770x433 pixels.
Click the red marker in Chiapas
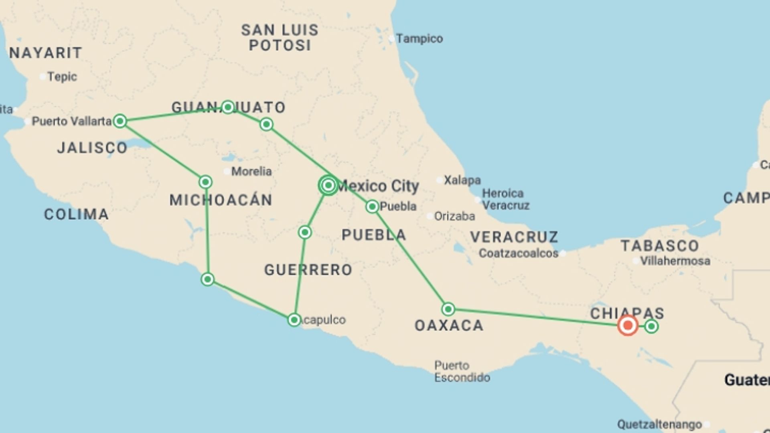(628, 325)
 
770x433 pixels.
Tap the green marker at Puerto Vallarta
(120, 121)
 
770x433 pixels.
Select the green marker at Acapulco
(294, 320)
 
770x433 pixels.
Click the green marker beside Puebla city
(372, 206)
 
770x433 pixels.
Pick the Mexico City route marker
(328, 185)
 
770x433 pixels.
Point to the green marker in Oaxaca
(448, 309)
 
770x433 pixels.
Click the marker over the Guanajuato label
(228, 107)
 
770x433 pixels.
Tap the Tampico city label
(419, 38)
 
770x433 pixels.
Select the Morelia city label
(251, 171)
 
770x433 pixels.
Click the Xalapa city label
(462, 180)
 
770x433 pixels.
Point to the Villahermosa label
(675, 261)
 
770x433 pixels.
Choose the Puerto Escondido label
(462, 371)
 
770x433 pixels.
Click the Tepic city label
(62, 77)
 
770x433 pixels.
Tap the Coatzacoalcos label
(519, 253)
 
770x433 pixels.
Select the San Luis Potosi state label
(280, 37)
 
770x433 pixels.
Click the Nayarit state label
(46, 53)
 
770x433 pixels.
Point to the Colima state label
(76, 214)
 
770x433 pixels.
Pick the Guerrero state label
(308, 270)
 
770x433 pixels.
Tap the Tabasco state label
(660, 245)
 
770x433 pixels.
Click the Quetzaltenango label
(659, 424)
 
